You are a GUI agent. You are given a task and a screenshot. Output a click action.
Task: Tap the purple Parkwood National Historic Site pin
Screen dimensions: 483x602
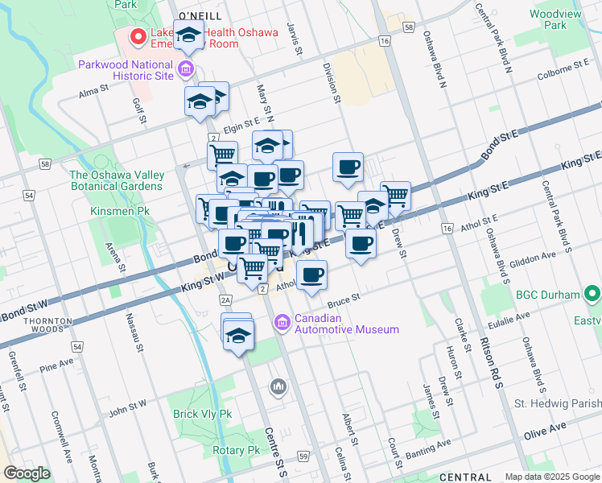coord(187,69)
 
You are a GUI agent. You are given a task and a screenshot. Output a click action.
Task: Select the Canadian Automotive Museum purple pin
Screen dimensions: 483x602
coord(282,323)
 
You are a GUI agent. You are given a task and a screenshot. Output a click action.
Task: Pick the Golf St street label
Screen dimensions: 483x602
coord(138,111)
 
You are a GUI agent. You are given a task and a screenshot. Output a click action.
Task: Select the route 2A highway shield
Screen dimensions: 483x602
coord(225,300)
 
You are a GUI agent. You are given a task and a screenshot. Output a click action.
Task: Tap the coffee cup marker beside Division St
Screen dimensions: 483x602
coord(348,167)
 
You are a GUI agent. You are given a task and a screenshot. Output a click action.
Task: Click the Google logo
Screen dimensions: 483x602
coord(27,473)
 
